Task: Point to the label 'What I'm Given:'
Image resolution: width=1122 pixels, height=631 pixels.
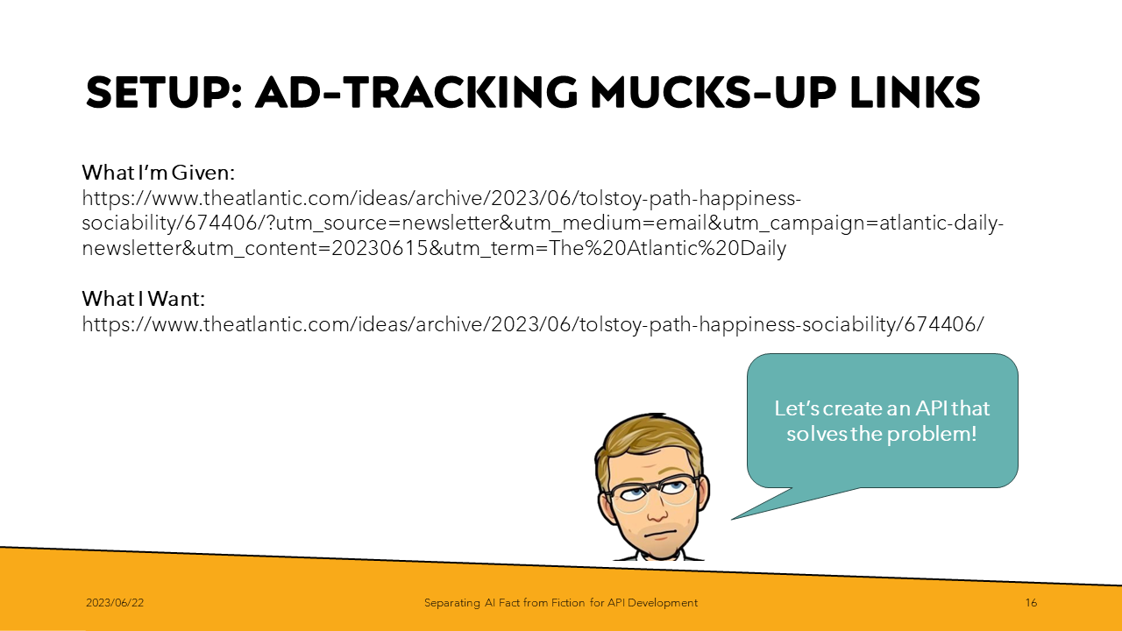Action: point(159,173)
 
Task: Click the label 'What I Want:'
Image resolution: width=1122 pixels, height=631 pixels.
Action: point(144,299)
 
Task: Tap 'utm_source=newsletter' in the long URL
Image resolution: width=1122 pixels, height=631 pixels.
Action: point(387,223)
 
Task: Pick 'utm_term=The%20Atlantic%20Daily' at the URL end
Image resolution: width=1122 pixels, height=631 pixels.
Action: point(614,249)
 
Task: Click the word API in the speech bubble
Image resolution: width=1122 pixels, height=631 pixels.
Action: point(931,408)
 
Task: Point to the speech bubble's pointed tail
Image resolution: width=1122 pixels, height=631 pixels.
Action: point(733,519)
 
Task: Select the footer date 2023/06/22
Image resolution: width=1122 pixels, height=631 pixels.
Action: point(115,603)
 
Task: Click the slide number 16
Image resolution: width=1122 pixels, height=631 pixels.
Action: point(1031,603)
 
